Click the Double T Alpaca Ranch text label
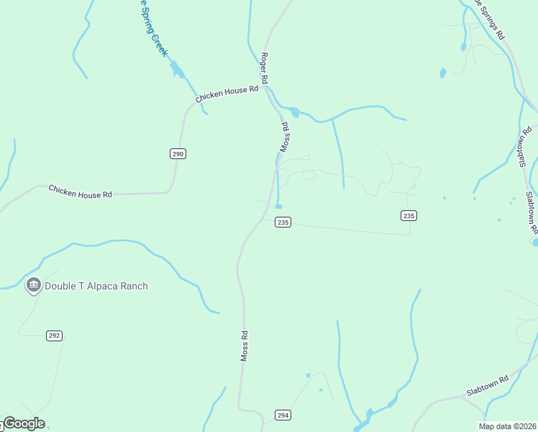pos(96,286)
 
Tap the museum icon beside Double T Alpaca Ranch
pos(33,286)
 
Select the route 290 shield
pos(178,153)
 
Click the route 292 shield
pos(55,336)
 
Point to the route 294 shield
pos(283,415)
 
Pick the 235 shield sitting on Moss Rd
pos(283,222)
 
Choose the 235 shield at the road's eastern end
pos(409,216)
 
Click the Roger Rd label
pos(265,68)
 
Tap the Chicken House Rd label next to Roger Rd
pos(226,94)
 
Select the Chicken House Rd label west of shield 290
pos(81,192)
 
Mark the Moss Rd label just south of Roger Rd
pos(284,136)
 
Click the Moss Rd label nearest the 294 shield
pos(245,346)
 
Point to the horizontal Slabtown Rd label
pos(487,386)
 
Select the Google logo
pos(23,423)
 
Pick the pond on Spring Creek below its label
pos(177,70)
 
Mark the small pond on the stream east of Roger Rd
pos(294,112)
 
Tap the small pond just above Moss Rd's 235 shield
pos(278,207)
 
